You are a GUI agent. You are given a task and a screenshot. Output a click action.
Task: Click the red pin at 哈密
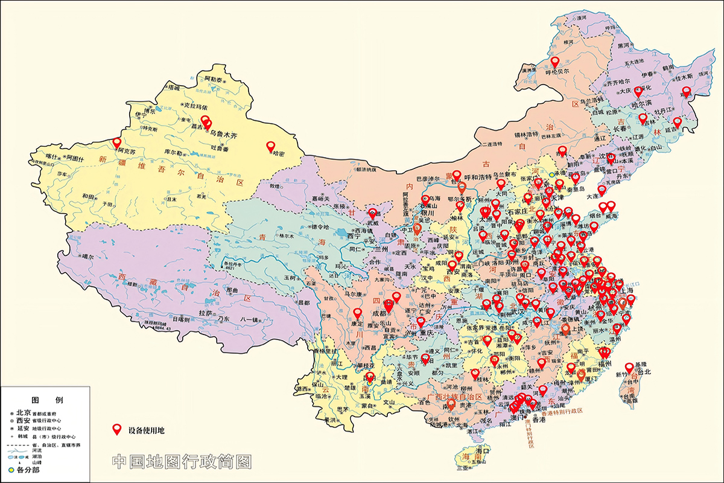click(270, 145)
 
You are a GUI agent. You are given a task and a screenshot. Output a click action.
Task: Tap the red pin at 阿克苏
click(117, 142)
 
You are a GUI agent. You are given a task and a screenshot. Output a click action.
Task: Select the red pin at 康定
click(357, 313)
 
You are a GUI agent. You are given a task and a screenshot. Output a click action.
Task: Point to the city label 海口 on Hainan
click(481, 451)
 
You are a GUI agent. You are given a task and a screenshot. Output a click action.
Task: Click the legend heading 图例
click(46, 400)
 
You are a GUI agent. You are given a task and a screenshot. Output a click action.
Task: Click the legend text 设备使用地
click(146, 431)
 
